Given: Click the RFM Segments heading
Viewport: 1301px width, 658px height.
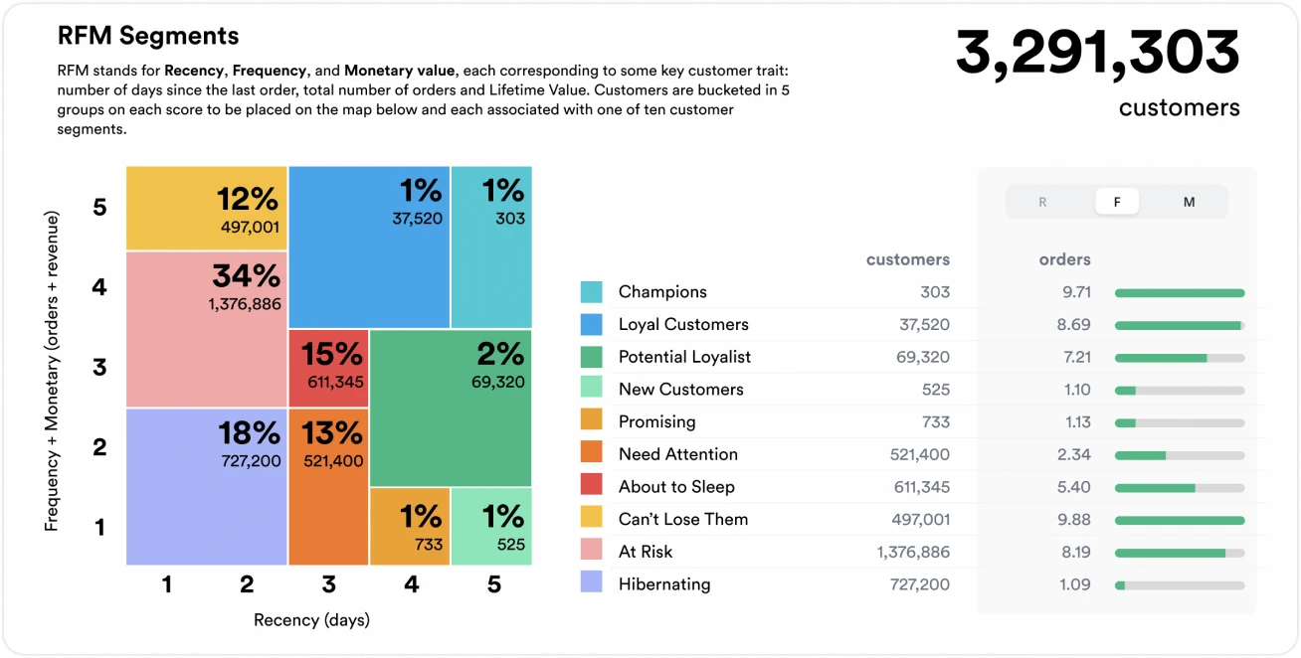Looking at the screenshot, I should pyautogui.click(x=148, y=37).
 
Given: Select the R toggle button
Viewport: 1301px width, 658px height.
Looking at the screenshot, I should pyautogui.click(x=1042, y=202).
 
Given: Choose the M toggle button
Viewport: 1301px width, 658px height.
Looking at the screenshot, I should pyautogui.click(x=1189, y=202).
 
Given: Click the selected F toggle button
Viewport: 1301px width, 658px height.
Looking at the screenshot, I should pyautogui.click(x=1117, y=202).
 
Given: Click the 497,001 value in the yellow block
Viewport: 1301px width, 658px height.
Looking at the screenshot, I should pyautogui.click(x=250, y=228).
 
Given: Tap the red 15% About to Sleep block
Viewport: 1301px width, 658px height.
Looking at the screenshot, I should pyautogui.click(x=328, y=368).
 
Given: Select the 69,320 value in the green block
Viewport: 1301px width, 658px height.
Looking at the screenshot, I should pyautogui.click(x=497, y=382).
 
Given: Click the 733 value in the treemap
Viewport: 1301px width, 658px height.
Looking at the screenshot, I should pyautogui.click(x=429, y=545).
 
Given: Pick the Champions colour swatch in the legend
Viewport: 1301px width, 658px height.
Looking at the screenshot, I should pyautogui.click(x=591, y=292).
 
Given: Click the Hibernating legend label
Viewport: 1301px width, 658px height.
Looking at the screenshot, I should pyautogui.click(x=664, y=584).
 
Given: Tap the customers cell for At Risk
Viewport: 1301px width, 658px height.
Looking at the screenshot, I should pyautogui.click(x=913, y=552).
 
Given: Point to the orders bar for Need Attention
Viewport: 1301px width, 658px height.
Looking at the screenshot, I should pyautogui.click(x=1180, y=454).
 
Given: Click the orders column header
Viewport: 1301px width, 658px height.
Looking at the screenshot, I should pyautogui.click(x=1064, y=259).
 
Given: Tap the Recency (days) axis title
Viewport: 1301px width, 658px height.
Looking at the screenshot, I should pyautogui.click(x=311, y=620).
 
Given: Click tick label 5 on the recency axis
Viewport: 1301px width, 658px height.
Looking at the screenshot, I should pyautogui.click(x=494, y=585).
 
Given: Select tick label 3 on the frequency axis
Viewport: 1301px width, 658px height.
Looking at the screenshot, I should pyautogui.click(x=99, y=368).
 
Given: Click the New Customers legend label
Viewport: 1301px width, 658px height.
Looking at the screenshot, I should pyautogui.click(x=680, y=390).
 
